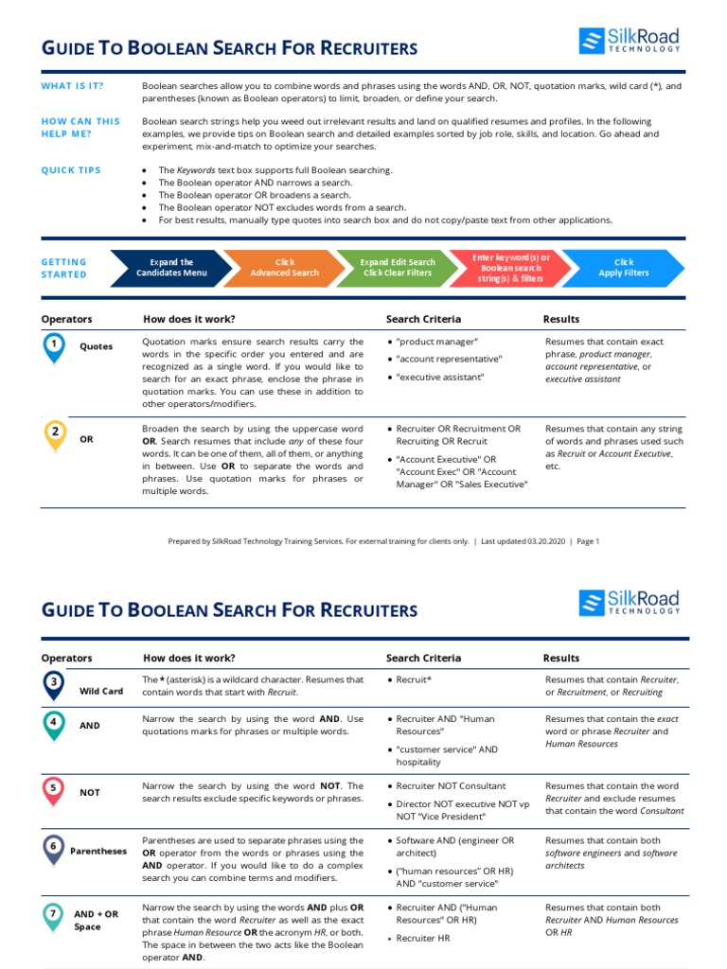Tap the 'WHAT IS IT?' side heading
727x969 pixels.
click(72, 86)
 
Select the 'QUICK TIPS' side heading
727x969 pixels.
click(69, 170)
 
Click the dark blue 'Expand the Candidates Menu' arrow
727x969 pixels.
click(168, 268)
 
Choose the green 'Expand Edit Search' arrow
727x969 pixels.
click(397, 268)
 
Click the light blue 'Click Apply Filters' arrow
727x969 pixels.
click(624, 268)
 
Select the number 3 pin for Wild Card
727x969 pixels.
click(55, 683)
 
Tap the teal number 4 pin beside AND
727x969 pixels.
click(55, 724)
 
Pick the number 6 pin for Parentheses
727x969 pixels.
click(55, 848)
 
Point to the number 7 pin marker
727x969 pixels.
click(55, 914)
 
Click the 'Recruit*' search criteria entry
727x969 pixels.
click(414, 679)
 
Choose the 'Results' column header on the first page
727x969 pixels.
click(561, 319)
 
